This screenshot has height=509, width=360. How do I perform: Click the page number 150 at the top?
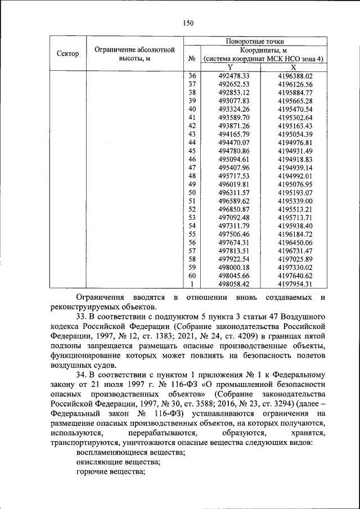188,23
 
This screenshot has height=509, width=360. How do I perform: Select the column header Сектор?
67,53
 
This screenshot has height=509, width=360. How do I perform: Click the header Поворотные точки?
254,41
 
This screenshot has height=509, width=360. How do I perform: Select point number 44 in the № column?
191,142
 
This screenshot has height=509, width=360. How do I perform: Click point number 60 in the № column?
191,276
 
